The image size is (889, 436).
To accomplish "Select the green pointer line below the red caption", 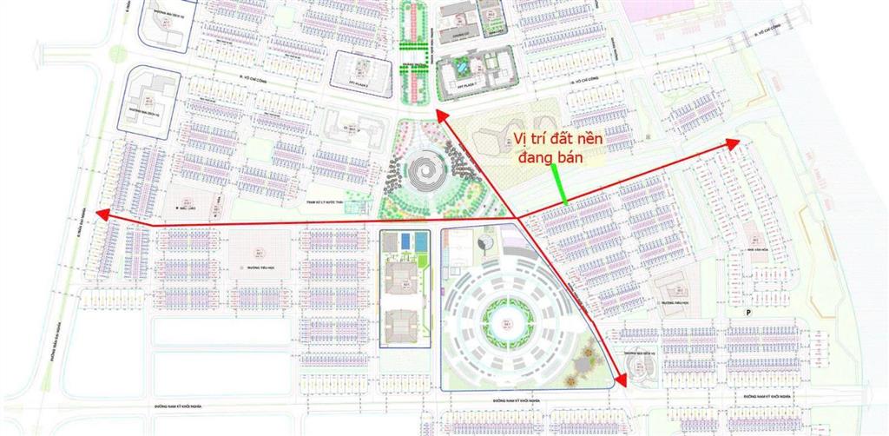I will (x=560, y=183).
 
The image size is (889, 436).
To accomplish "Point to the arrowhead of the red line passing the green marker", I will (x=734, y=142).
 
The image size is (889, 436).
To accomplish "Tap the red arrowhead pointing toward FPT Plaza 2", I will (x=441, y=116).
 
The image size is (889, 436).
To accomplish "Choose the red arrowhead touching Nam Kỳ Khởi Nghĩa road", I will (x=622, y=378).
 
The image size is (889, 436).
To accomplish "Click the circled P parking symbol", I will (x=747, y=310).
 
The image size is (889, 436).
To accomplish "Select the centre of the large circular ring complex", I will (x=502, y=322).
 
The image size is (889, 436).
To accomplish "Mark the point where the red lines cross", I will (x=518, y=218).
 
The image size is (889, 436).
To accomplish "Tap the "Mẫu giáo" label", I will (x=185, y=209).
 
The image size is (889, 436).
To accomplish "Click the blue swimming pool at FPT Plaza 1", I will (x=462, y=65).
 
